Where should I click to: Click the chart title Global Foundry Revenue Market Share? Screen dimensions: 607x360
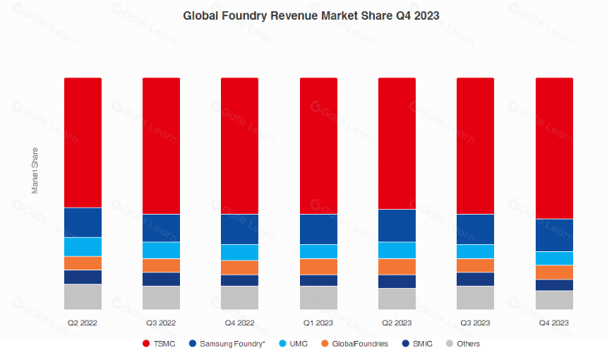coord(287,16)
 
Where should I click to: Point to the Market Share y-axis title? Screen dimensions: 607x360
coord(35,170)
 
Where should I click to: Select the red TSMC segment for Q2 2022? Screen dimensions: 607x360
coord(83,143)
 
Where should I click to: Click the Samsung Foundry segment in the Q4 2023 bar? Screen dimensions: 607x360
coord(554,235)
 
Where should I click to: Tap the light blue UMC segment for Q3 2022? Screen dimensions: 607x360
coord(162,251)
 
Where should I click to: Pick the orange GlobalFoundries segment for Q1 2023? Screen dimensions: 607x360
coord(318,267)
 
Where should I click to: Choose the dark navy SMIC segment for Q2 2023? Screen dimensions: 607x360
coord(397,282)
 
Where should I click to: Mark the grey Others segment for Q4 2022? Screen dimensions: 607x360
coord(240,298)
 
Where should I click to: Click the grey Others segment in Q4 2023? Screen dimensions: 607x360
coord(554,301)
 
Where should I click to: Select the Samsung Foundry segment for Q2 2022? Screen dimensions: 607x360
coord(83,222)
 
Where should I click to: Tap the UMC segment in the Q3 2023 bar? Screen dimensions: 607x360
coord(476,251)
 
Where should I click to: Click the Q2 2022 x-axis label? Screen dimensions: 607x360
coord(83,323)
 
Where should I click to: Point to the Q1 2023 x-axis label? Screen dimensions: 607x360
coord(318,323)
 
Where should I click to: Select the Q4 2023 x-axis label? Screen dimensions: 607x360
coord(554,323)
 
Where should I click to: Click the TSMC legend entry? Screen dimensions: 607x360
coord(159,344)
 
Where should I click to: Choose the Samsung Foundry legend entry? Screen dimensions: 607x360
coord(227,344)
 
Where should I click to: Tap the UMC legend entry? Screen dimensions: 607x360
coord(294,344)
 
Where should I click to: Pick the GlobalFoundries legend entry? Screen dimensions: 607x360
coord(354,344)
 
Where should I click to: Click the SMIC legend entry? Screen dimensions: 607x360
coord(417,344)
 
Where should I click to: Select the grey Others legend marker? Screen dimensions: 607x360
coord(450,343)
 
